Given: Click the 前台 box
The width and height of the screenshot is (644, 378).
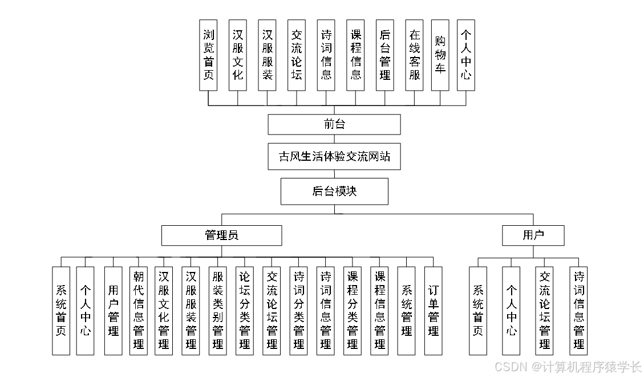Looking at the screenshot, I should pyautogui.click(x=334, y=124).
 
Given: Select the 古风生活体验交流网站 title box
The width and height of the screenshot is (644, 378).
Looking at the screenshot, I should pyautogui.click(x=334, y=157).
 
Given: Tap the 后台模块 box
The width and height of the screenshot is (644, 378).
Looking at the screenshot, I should pyautogui.click(x=334, y=191).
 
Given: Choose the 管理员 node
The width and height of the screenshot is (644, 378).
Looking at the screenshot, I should pyautogui.click(x=221, y=235).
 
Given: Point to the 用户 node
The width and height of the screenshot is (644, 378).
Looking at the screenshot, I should pyautogui.click(x=533, y=235).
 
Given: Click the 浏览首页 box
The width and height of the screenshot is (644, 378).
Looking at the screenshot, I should pyautogui.click(x=209, y=55).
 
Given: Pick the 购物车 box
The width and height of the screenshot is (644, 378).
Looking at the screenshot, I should pyautogui.click(x=440, y=55).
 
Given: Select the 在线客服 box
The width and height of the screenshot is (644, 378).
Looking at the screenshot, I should pyautogui.click(x=415, y=55).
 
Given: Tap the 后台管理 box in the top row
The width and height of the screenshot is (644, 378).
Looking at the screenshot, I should pyautogui.click(x=385, y=55).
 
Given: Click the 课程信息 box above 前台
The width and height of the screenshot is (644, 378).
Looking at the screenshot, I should pyautogui.click(x=356, y=55).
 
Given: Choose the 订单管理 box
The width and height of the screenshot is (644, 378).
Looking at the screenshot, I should pyautogui.click(x=434, y=311).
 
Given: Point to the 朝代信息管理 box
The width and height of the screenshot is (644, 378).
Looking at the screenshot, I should pyautogui.click(x=139, y=311).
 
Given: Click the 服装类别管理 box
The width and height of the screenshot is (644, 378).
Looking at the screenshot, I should pyautogui.click(x=217, y=311).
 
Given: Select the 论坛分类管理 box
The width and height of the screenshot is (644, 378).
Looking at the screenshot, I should pyautogui.click(x=245, y=311).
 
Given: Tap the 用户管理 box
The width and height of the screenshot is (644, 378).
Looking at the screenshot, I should pyautogui.click(x=113, y=311).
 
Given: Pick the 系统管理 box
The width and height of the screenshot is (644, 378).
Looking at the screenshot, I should pyautogui.click(x=406, y=311).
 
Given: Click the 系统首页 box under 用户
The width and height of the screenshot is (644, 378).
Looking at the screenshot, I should pyautogui.click(x=478, y=311).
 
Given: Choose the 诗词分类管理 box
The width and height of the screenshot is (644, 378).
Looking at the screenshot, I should pyautogui.click(x=299, y=311).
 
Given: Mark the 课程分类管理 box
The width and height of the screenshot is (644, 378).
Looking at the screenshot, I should pyautogui.click(x=353, y=311).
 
